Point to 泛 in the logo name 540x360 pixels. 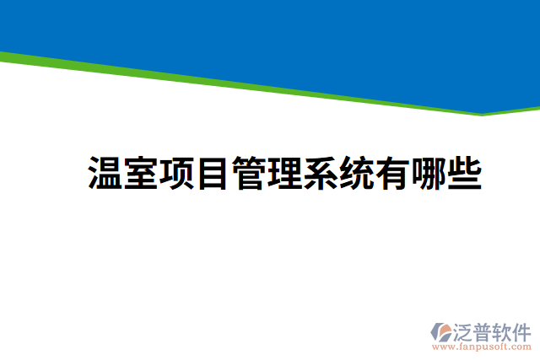(x=465, y=330)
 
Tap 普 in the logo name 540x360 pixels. (x=483, y=330)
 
